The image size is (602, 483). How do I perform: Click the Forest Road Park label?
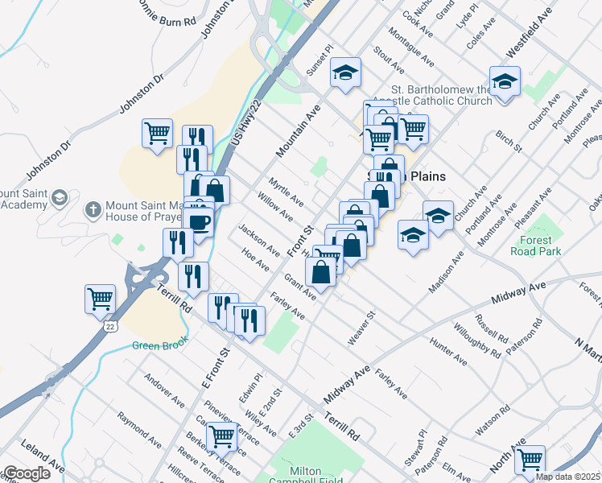coord(531,246)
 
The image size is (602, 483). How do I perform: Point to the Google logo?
coord(26,473)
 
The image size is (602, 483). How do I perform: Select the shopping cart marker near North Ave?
coord(530,460)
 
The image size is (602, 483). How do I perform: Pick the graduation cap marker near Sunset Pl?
coord(347,73)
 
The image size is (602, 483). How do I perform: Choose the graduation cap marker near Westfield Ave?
coord(505,81)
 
